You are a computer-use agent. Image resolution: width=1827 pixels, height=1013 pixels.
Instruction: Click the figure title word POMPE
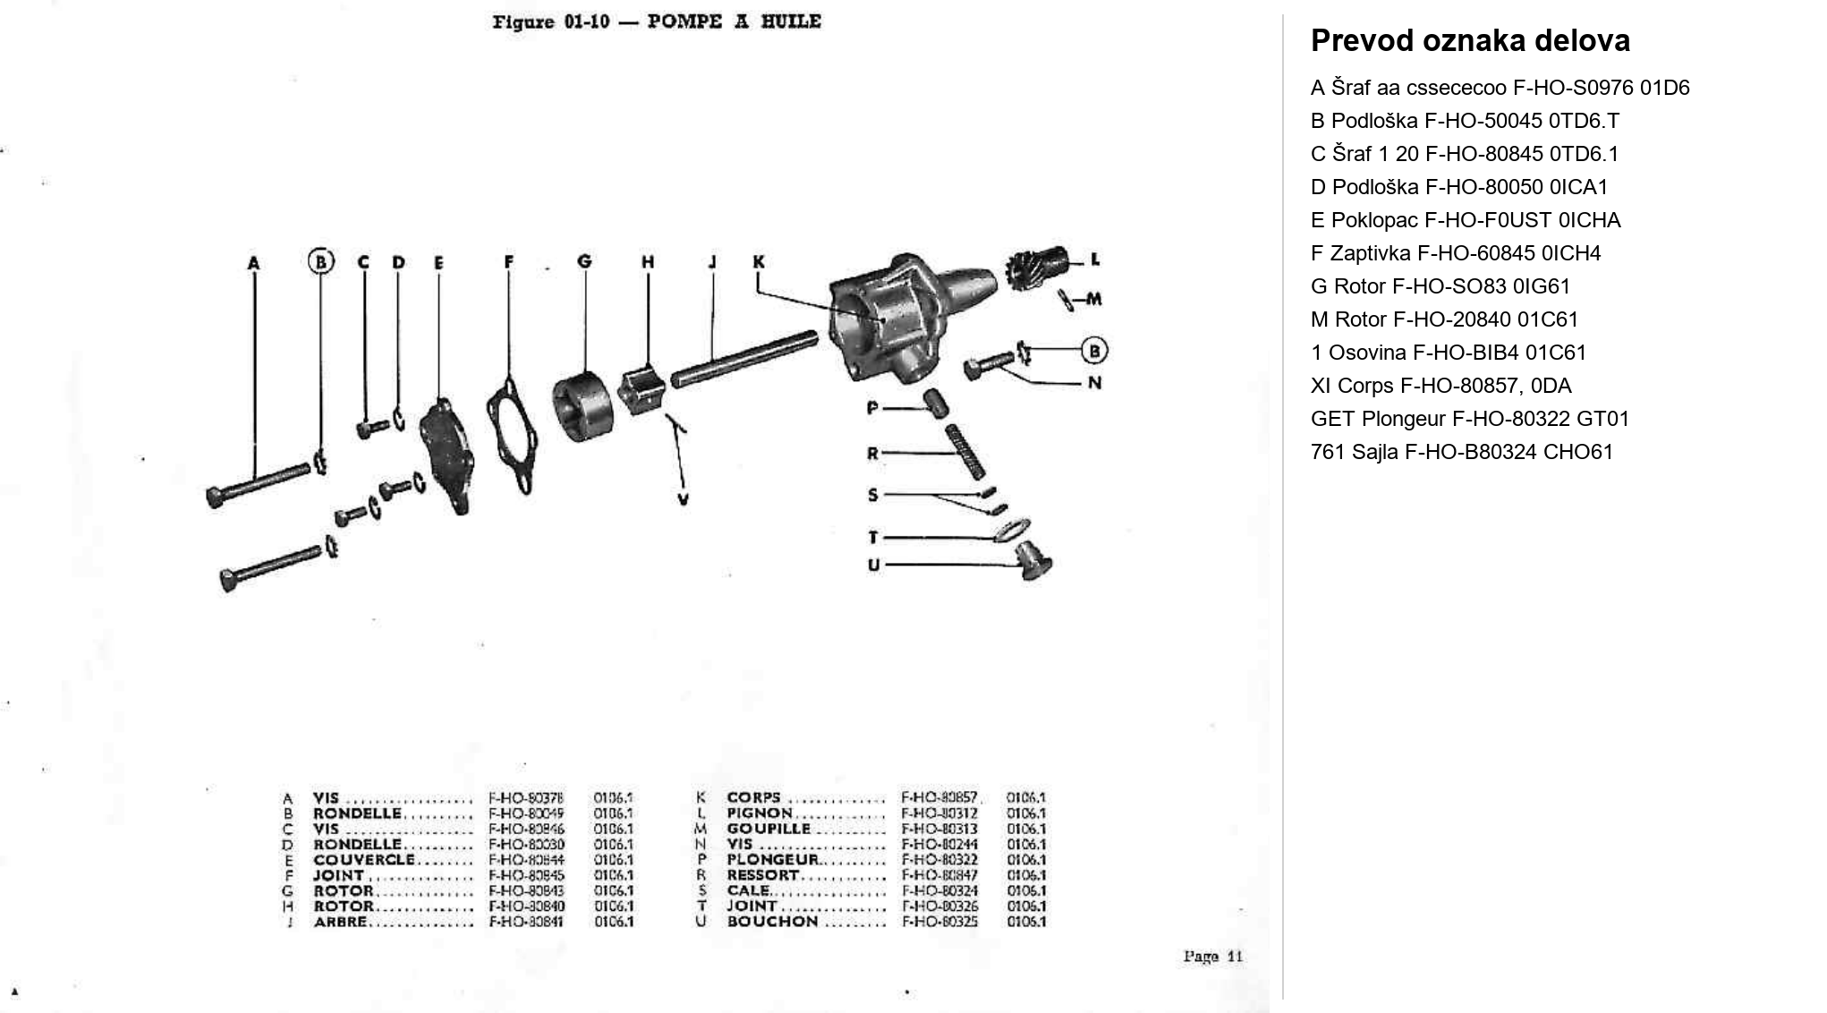(684, 21)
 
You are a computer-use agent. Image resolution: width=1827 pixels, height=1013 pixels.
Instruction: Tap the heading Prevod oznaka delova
(1470, 41)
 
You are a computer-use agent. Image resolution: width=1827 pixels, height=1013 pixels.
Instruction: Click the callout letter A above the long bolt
(254, 263)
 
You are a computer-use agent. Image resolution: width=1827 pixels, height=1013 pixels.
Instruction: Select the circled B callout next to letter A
(320, 261)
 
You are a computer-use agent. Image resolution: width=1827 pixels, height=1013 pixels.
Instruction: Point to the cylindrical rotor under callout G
(582, 407)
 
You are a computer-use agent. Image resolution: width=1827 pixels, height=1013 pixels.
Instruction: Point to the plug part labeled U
(1034, 563)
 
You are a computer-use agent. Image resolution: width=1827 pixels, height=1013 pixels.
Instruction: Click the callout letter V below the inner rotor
(683, 499)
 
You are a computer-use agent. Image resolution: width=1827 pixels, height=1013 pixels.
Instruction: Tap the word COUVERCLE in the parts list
(363, 860)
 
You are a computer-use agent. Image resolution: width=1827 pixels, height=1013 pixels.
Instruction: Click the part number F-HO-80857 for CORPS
(939, 797)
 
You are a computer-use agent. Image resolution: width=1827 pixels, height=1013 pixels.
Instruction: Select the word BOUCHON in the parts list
(772, 922)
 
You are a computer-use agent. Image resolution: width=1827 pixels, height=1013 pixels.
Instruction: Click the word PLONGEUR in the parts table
(772, 860)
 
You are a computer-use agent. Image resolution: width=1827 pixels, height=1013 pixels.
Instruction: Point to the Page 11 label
(1212, 957)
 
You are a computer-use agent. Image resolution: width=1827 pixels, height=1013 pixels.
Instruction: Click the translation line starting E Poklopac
(1465, 220)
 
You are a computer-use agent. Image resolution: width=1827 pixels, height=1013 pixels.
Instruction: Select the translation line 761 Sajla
(1461, 452)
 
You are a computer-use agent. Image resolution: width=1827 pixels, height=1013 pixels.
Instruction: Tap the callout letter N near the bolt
(1094, 383)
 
